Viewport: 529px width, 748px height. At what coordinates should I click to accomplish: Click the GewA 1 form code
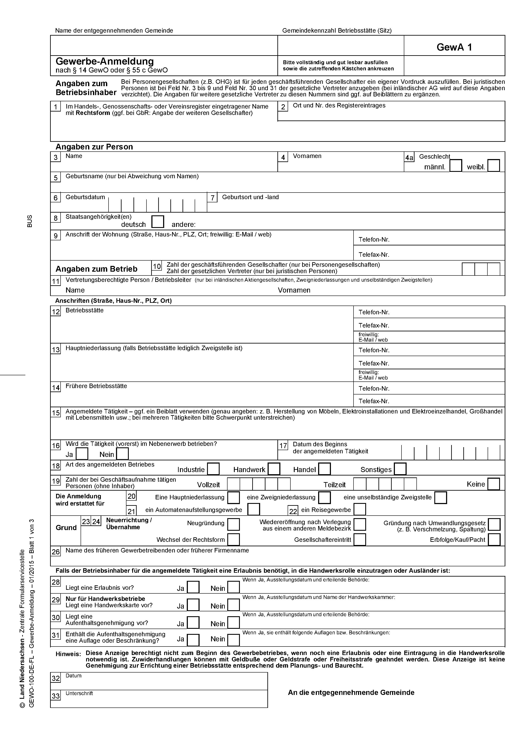454,47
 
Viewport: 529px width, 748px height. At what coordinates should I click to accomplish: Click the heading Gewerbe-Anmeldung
104,61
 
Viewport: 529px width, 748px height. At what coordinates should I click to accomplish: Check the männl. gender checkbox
456,165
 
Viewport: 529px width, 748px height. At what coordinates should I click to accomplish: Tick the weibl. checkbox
493,165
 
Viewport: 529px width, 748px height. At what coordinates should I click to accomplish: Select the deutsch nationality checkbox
158,222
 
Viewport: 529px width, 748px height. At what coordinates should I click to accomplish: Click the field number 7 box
212,197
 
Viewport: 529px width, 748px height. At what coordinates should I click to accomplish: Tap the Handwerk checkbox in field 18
274,469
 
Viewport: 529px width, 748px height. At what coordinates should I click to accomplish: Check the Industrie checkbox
213,469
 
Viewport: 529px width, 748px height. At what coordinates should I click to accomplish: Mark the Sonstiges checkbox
400,469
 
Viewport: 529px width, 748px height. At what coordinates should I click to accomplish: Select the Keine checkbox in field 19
493,484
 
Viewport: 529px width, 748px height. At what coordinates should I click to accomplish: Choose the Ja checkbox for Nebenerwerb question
82,454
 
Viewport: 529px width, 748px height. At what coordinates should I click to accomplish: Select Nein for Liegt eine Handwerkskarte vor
233,605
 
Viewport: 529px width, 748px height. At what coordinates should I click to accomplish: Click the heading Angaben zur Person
94,147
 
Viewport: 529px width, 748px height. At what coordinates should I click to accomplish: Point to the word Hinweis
68,654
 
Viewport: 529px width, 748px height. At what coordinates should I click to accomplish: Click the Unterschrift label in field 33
79,693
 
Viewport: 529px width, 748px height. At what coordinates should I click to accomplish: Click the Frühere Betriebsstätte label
96,386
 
